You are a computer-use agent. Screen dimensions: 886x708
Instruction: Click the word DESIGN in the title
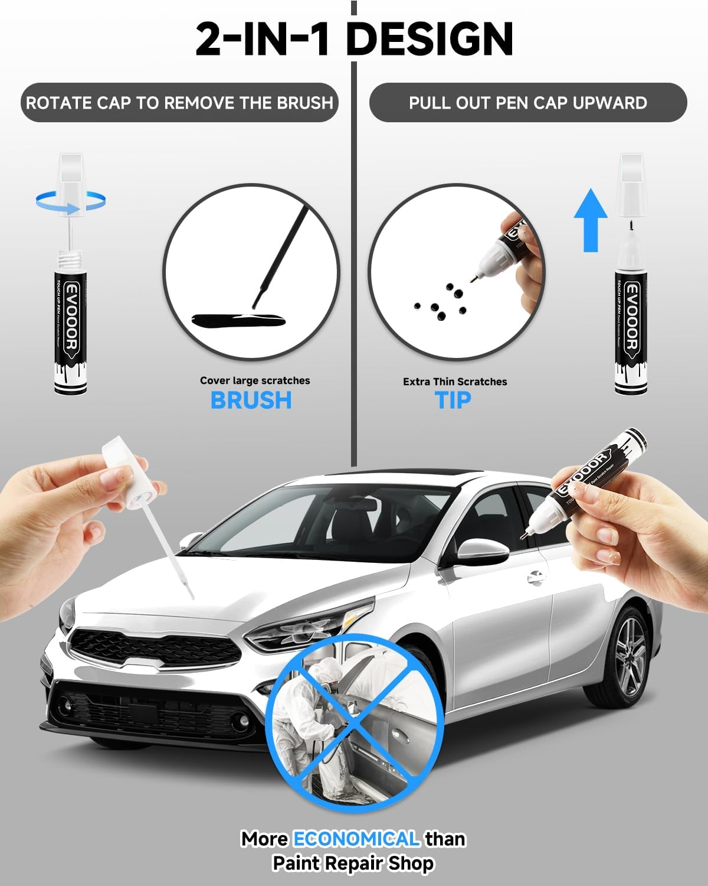pyautogui.click(x=429, y=39)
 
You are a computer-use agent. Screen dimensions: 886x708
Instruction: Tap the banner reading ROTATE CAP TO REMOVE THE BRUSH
pyautogui.click(x=179, y=103)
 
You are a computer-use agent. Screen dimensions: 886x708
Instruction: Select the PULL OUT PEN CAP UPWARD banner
pyautogui.click(x=527, y=103)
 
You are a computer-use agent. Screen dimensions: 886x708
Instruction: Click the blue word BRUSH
pyautogui.click(x=251, y=400)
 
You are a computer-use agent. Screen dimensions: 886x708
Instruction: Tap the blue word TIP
pyautogui.click(x=453, y=400)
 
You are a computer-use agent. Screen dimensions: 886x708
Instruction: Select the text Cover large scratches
pyautogui.click(x=255, y=381)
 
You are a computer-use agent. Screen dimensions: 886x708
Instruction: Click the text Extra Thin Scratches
pyautogui.click(x=455, y=382)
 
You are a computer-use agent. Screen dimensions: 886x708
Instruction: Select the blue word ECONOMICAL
pyautogui.click(x=356, y=839)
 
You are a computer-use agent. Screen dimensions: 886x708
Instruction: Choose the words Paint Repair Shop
pyautogui.click(x=353, y=864)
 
